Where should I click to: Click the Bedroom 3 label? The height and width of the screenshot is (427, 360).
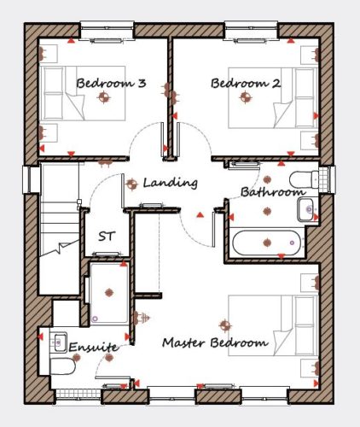[x=111, y=84]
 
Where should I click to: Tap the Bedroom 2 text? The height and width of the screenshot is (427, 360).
[x=246, y=84]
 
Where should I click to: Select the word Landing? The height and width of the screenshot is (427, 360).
[x=170, y=183]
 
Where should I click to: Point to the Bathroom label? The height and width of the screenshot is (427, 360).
[x=273, y=192]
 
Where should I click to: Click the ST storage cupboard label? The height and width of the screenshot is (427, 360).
[x=107, y=236]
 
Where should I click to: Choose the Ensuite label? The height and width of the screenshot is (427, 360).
[x=93, y=347]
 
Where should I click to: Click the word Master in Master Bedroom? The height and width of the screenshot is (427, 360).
[x=183, y=342]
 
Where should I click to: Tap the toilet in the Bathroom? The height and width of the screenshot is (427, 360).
[x=304, y=180]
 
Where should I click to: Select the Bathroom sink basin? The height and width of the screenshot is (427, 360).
[x=306, y=209]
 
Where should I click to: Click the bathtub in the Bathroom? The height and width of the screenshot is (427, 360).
[x=266, y=243]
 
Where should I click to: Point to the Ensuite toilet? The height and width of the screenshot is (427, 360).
[x=62, y=366]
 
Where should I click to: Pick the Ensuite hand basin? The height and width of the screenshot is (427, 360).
[x=60, y=342]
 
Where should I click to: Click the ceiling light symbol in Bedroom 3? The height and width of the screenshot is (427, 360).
[x=104, y=97]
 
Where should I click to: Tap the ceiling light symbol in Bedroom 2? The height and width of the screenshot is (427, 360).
[x=246, y=97]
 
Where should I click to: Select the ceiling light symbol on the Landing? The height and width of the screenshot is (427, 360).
[x=131, y=184]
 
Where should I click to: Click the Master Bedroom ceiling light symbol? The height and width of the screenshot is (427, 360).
[x=225, y=325]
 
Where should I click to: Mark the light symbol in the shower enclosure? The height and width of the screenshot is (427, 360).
[x=109, y=292]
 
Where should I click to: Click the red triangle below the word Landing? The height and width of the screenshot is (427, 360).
[x=200, y=215]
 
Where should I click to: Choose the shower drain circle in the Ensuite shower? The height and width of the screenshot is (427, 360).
[x=95, y=319]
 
